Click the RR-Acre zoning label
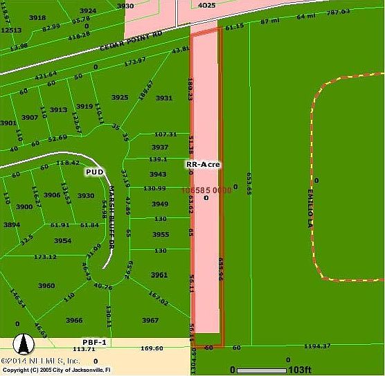click(204, 165)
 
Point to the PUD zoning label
click(95, 170)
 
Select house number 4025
click(208, 6)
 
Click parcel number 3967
click(150, 320)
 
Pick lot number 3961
click(159, 275)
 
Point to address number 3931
click(163, 98)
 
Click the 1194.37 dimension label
click(318, 346)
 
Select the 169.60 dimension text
click(152, 349)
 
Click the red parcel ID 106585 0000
click(206, 189)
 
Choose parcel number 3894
click(12, 224)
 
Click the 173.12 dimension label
click(45, 256)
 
